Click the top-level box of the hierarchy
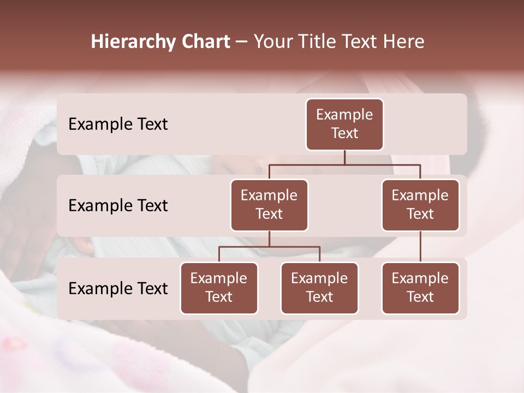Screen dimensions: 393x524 click(344, 124)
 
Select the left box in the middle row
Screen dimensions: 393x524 click(269, 205)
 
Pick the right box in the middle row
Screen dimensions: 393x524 click(420, 205)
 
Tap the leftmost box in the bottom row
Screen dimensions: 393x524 click(219, 288)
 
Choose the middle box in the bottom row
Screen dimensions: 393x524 click(319, 288)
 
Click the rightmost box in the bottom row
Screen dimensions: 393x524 click(420, 288)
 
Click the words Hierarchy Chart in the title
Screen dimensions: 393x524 click(160, 41)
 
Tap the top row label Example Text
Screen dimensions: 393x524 click(118, 124)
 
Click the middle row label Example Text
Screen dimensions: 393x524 click(118, 205)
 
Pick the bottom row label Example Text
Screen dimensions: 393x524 click(118, 288)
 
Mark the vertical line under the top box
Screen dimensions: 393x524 click(344, 157)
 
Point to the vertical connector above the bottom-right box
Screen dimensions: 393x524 click(420, 247)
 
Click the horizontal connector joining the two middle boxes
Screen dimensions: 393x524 click(344, 164)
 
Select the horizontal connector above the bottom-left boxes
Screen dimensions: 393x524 click(269, 247)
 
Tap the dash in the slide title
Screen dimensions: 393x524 click(242, 42)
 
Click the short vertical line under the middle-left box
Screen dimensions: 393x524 click(269, 239)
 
